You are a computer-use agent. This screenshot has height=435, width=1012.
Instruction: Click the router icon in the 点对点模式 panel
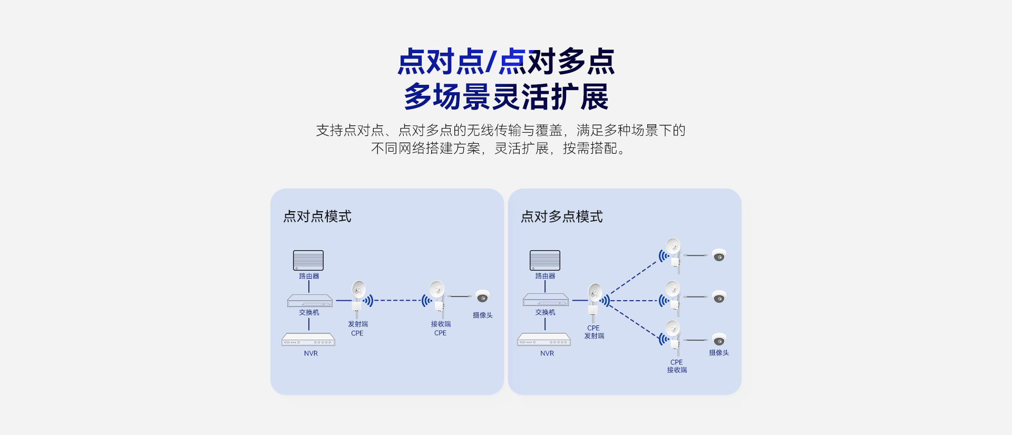click(x=308, y=260)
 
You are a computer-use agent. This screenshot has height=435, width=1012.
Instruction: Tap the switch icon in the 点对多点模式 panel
click(x=546, y=300)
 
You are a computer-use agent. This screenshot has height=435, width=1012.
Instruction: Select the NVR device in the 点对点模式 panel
click(x=308, y=340)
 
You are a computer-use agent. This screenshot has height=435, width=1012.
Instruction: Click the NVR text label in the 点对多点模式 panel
click(x=547, y=353)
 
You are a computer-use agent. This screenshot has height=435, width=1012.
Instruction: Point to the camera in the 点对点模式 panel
click(x=482, y=297)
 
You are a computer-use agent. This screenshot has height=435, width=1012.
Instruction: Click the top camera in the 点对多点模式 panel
click(x=719, y=255)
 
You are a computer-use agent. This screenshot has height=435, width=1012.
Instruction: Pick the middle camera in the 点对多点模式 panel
click(x=719, y=298)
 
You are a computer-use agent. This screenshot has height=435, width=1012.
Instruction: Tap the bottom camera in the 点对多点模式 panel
click(x=719, y=340)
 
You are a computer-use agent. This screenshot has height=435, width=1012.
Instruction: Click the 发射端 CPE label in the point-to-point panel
click(x=358, y=329)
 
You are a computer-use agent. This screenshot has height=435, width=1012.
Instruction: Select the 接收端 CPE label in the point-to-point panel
click(x=441, y=329)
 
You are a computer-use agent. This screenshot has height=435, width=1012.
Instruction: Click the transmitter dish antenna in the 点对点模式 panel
click(x=358, y=290)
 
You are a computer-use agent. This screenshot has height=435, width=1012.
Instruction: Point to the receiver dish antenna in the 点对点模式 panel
click(x=437, y=290)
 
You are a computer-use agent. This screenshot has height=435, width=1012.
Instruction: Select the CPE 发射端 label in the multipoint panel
click(x=594, y=332)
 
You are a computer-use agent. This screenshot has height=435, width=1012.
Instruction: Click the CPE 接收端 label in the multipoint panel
click(x=677, y=366)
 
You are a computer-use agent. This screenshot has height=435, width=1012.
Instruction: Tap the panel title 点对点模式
click(x=317, y=216)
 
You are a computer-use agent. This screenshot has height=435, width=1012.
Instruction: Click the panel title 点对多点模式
click(x=562, y=216)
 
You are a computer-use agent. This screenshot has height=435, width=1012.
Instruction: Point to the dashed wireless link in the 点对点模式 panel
click(x=398, y=300)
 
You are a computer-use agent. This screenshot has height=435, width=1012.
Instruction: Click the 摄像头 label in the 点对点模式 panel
click(x=482, y=315)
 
